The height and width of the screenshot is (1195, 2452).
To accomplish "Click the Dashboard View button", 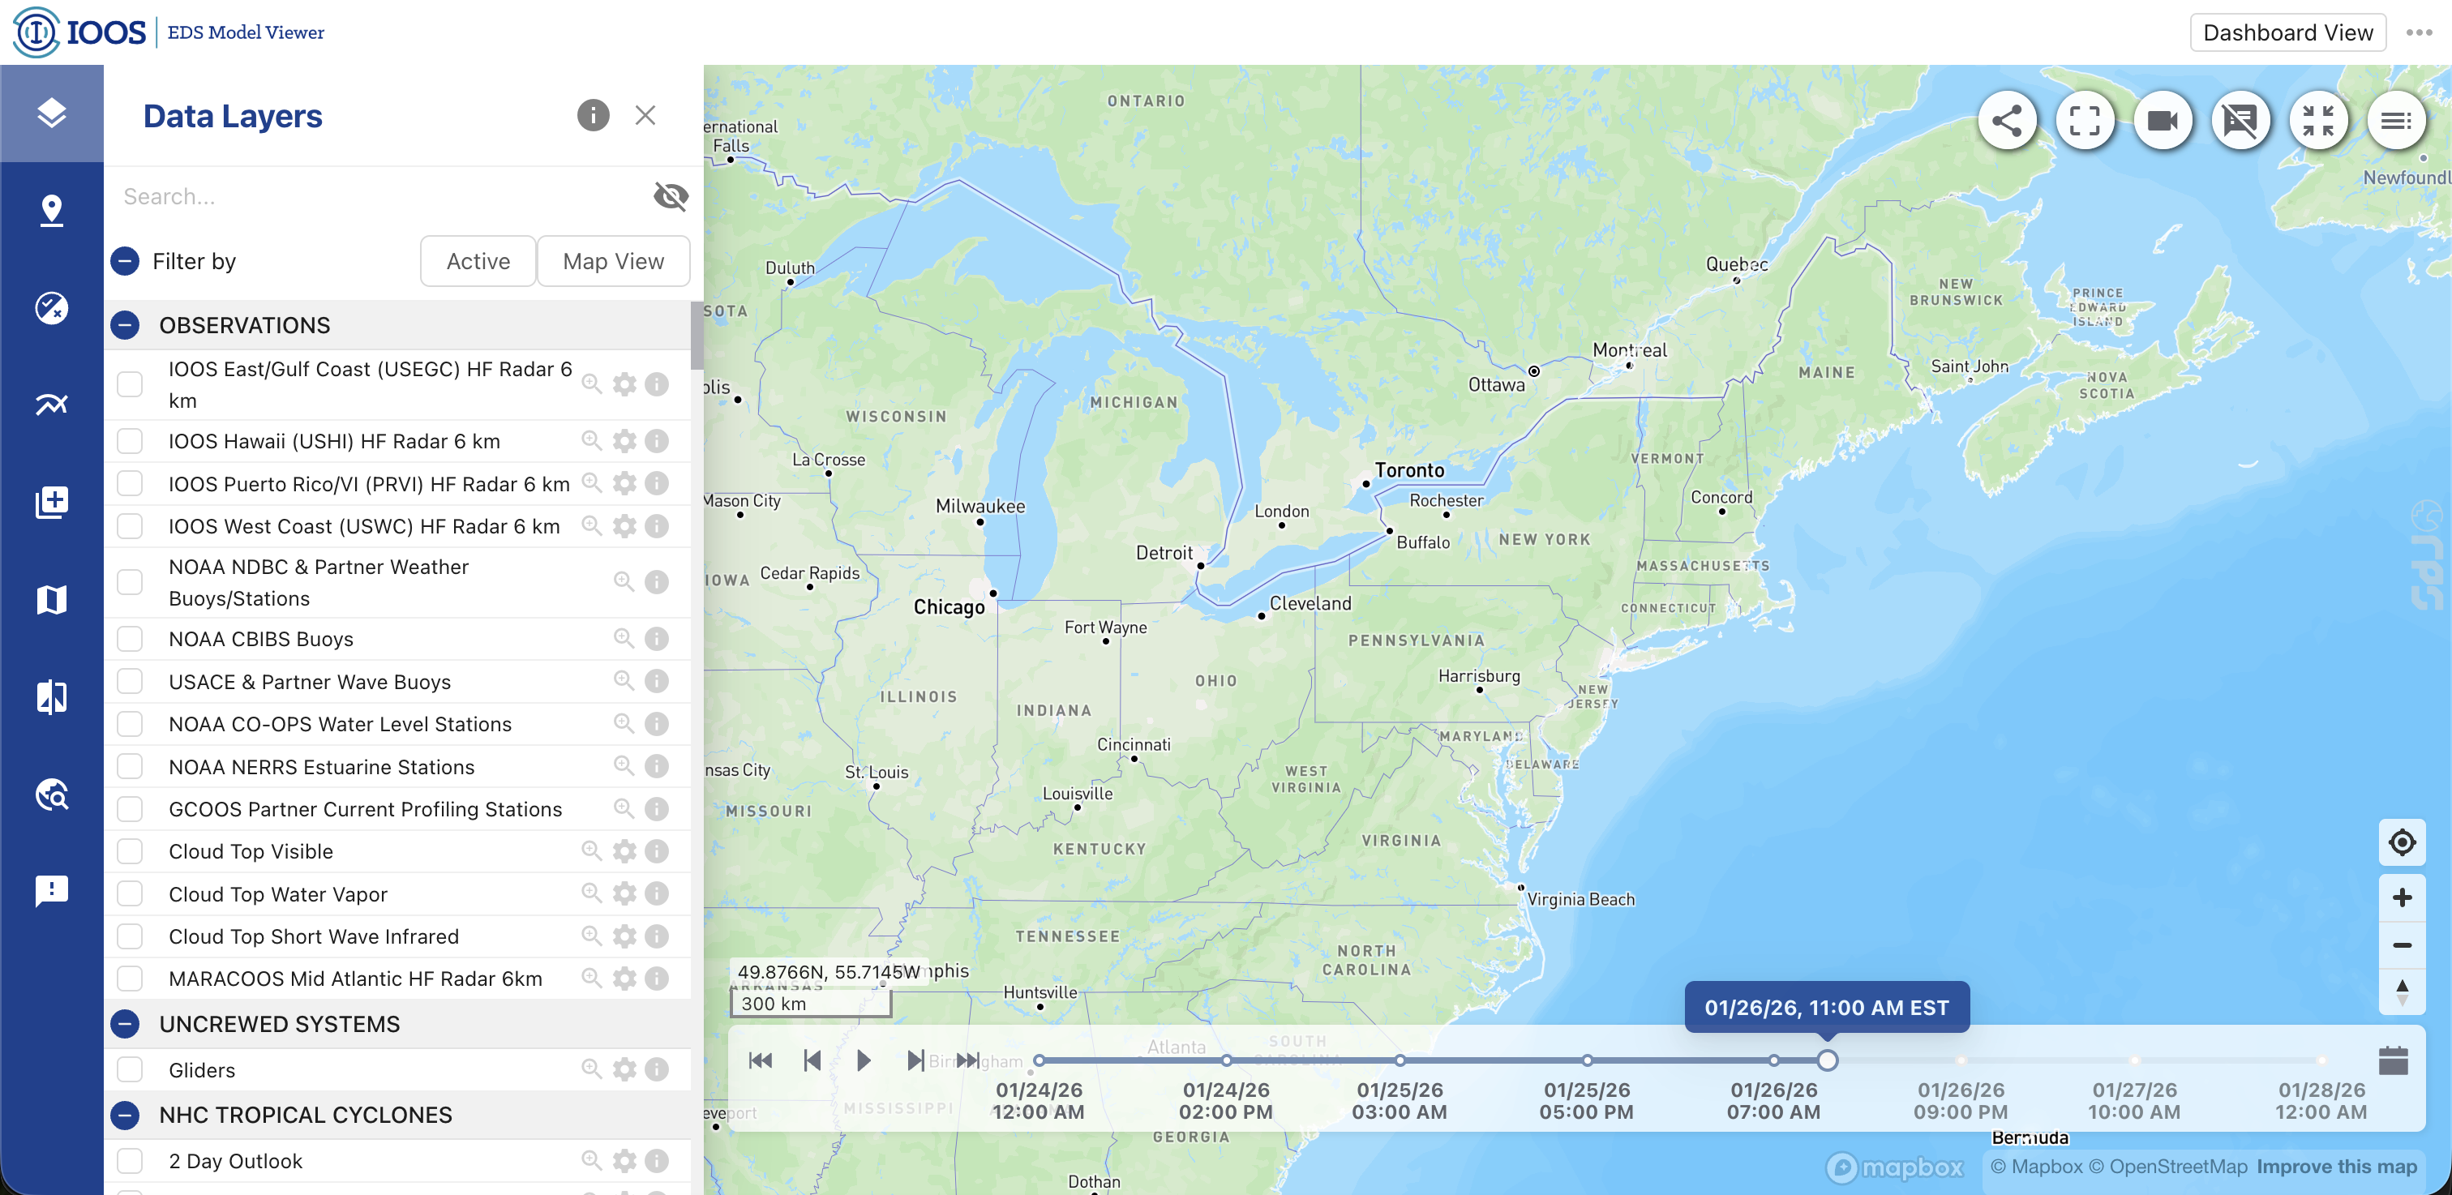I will click(x=2287, y=32).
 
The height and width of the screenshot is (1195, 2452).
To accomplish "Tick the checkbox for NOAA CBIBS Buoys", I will click(x=130, y=638).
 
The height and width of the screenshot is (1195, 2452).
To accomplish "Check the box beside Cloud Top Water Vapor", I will click(x=130, y=893).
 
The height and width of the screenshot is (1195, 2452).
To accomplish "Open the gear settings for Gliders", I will click(x=624, y=1069).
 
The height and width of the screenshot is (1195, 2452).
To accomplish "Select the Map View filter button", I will click(x=613, y=261).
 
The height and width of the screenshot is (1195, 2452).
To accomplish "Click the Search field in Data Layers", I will click(x=381, y=196).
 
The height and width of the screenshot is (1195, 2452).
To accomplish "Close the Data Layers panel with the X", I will click(x=645, y=115).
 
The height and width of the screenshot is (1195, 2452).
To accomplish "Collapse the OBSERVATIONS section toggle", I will click(x=125, y=325).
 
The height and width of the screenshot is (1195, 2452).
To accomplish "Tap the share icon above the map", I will click(x=2007, y=121).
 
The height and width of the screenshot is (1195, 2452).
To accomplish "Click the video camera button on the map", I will click(x=2163, y=121).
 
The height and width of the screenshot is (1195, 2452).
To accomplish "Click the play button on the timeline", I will click(x=864, y=1060).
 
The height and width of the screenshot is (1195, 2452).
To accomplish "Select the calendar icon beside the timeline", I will click(x=2393, y=1060).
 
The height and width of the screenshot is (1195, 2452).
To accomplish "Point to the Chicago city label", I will click(x=949, y=607).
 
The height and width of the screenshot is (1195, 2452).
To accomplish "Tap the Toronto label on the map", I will click(x=1408, y=470).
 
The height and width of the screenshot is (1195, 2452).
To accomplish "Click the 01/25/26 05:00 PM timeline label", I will click(x=1587, y=1101).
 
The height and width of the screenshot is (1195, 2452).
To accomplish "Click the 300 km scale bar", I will click(x=810, y=1003).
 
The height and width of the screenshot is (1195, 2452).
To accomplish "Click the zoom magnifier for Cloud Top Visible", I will click(x=591, y=850).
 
